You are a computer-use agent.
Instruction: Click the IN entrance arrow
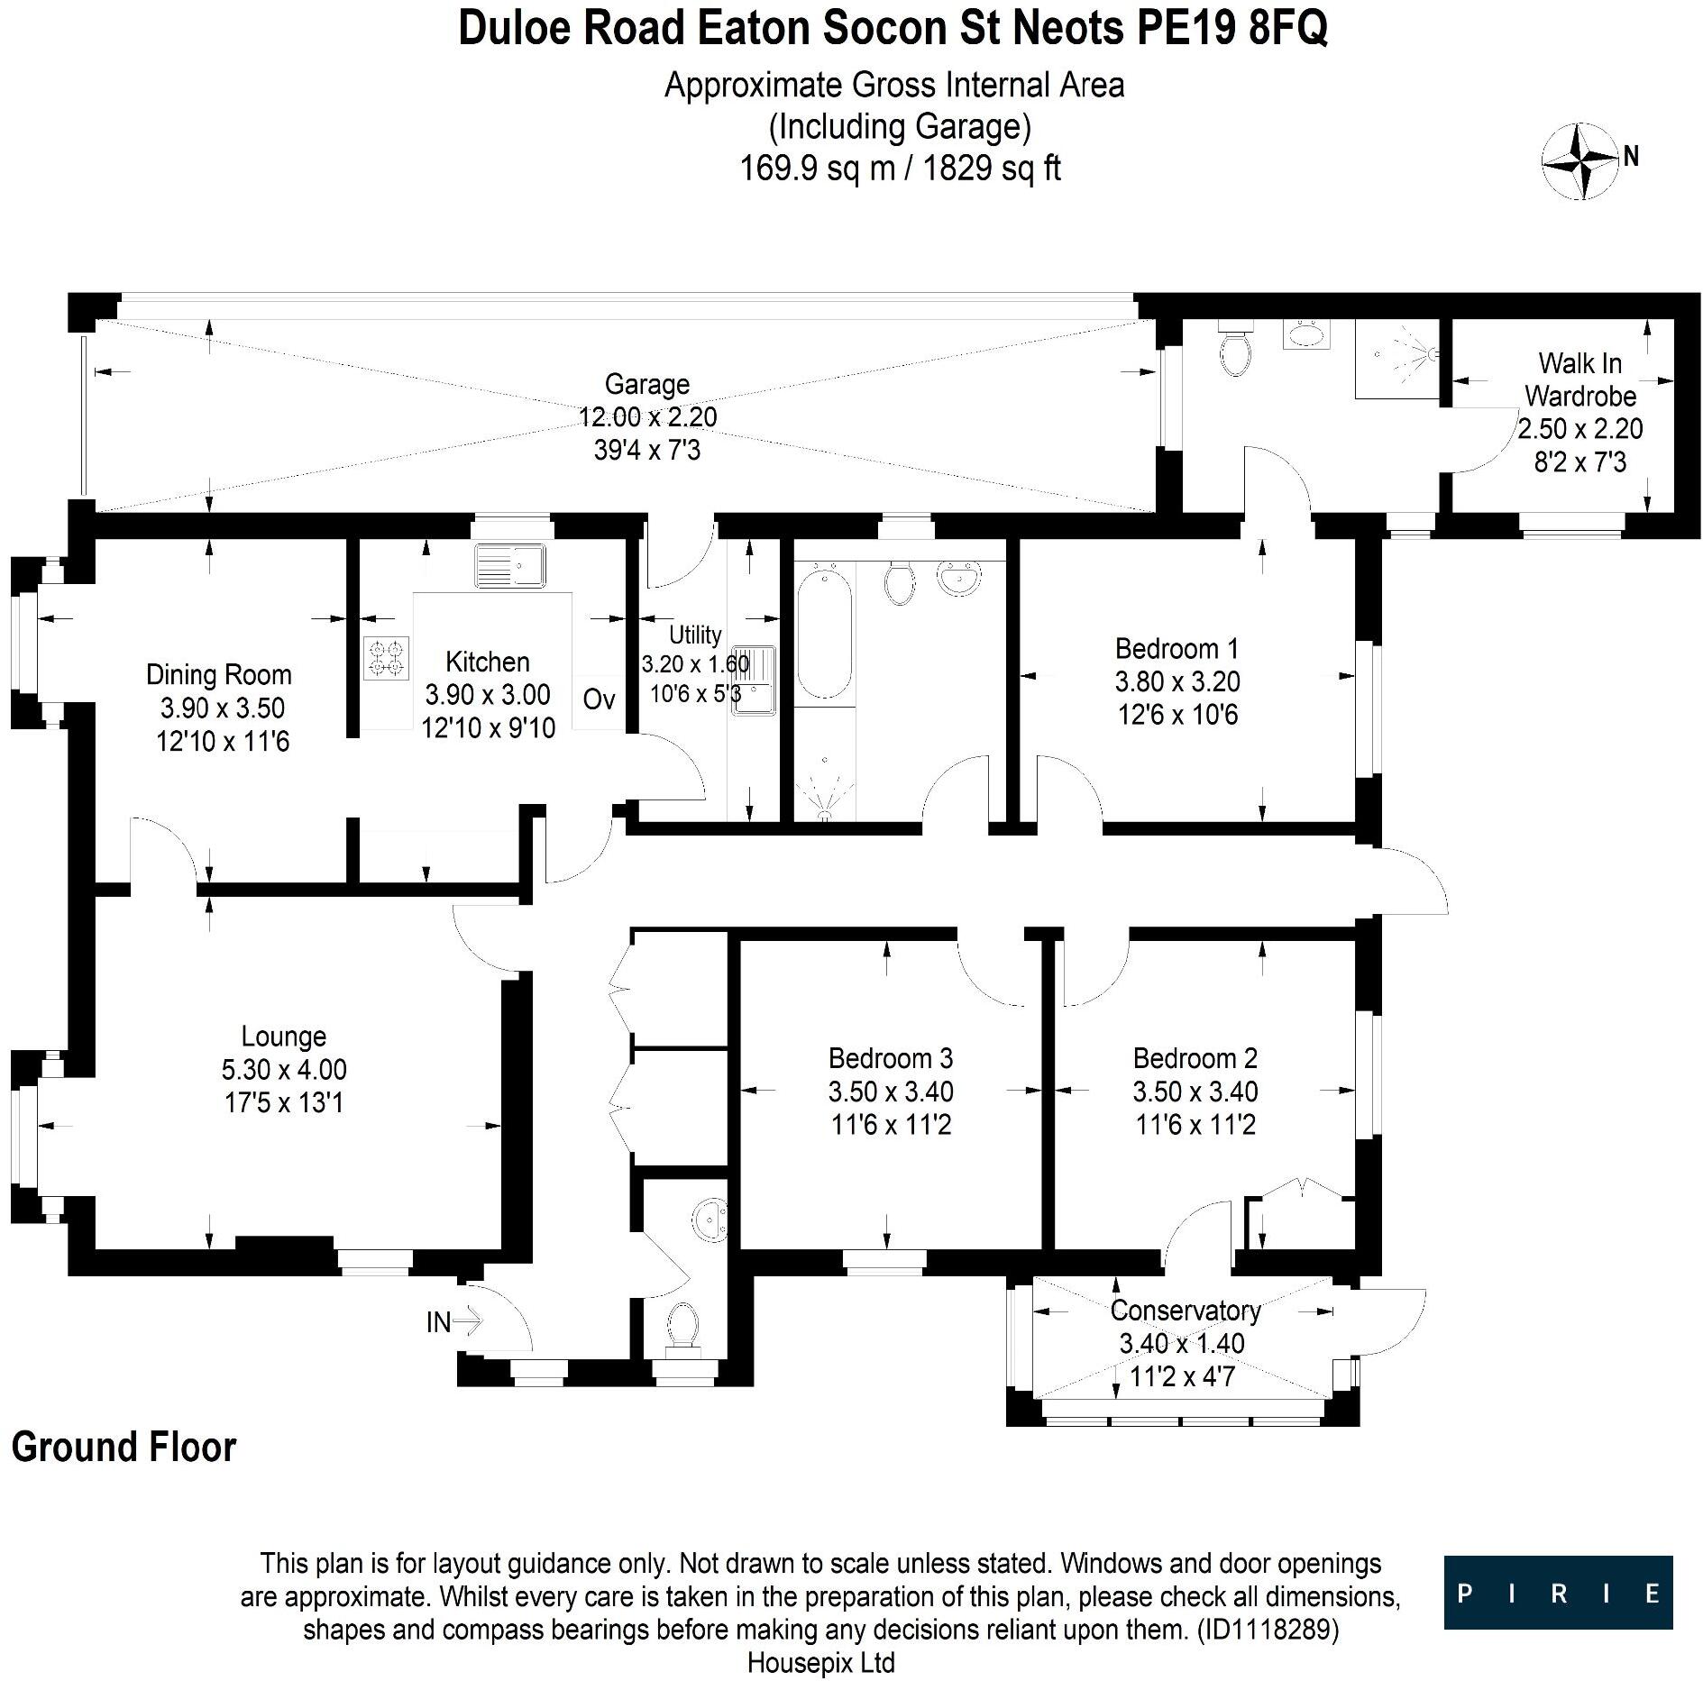tap(467, 1322)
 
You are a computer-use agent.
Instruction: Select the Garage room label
tap(647, 384)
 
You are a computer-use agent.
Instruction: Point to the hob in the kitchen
tap(386, 657)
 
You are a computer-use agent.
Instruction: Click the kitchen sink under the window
tap(510, 565)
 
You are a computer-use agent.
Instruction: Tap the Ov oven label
tap(599, 699)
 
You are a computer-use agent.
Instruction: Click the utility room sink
tap(754, 680)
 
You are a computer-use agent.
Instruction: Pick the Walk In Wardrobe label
tap(1579, 379)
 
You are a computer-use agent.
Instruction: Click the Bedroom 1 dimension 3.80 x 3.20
tap(1177, 681)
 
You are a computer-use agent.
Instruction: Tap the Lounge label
tap(283, 1037)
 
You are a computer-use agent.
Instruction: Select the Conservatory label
tap(1185, 1310)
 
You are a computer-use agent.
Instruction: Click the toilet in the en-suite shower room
tap(1232, 351)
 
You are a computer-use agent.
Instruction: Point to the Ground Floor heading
tap(124, 1447)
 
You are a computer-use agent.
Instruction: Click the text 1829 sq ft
tap(992, 169)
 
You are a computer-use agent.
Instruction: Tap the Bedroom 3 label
tap(890, 1058)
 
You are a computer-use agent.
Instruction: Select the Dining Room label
tap(219, 674)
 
